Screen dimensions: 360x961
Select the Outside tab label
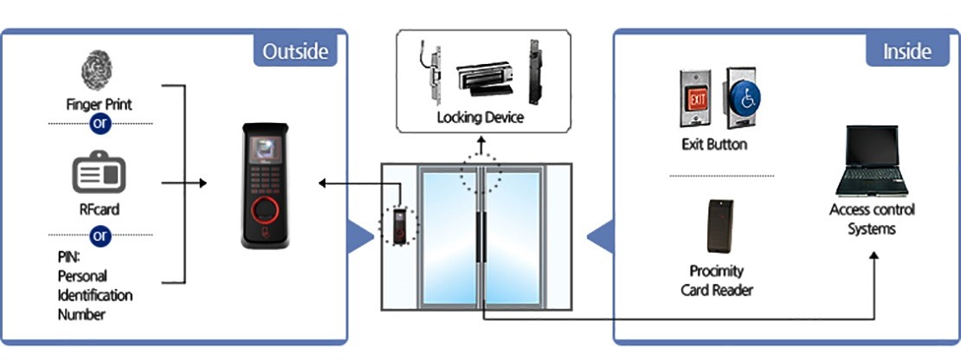(295, 51)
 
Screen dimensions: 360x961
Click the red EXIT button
(698, 99)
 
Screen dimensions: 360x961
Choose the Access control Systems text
(871, 219)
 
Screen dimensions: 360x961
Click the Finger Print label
(99, 105)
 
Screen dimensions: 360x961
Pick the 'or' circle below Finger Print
(100, 124)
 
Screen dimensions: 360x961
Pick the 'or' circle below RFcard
(100, 235)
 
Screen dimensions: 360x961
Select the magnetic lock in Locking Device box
(482, 81)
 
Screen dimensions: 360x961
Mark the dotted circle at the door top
(480, 174)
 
